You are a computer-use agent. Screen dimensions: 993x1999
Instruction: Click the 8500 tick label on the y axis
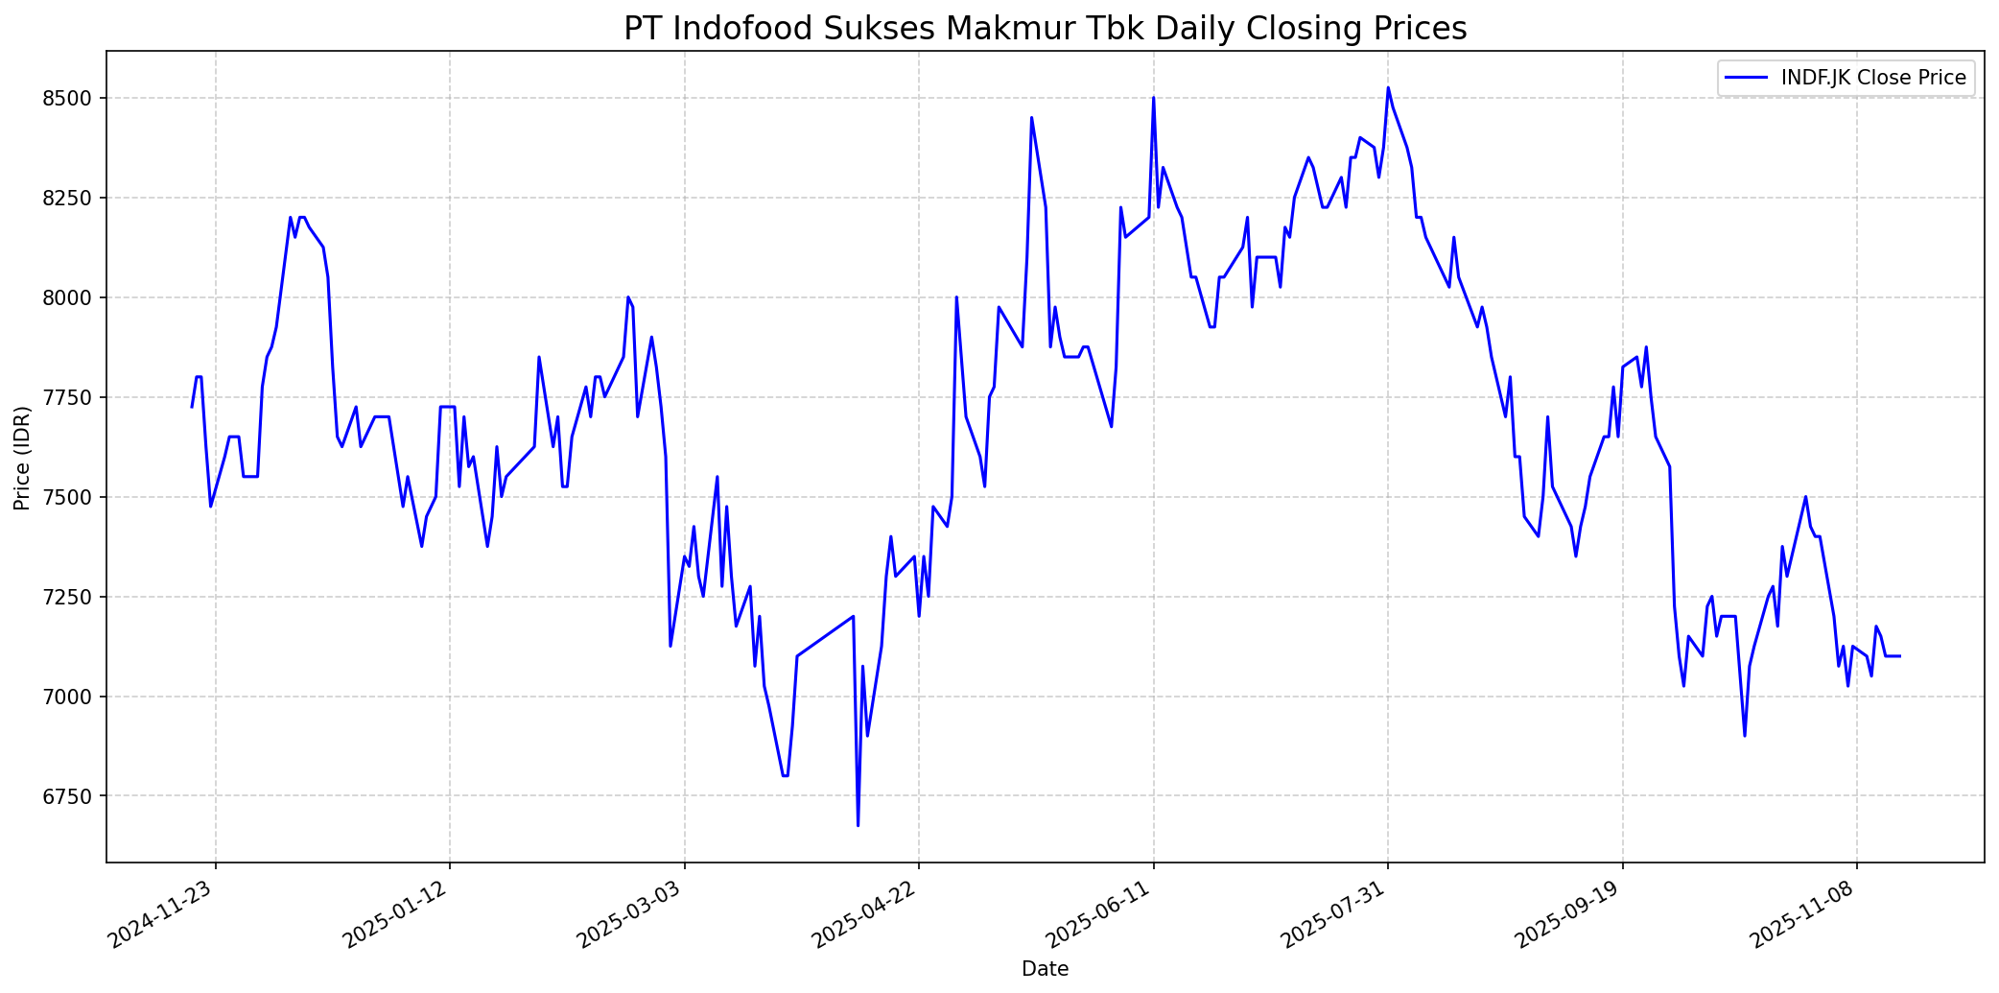click(x=71, y=99)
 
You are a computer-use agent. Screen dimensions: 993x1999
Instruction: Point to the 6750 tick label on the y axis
click(x=71, y=796)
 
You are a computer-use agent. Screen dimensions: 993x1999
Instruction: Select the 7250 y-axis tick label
click(x=71, y=597)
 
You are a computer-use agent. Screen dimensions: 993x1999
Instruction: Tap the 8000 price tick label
click(x=71, y=297)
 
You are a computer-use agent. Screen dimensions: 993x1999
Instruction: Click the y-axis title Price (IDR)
click(x=22, y=458)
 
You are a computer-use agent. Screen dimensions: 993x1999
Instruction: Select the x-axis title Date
click(x=1045, y=969)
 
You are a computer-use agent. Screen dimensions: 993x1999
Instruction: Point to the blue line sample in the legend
click(x=1745, y=78)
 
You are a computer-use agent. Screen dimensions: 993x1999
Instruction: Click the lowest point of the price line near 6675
click(x=858, y=825)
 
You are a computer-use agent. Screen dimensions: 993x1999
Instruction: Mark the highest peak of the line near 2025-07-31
click(x=1388, y=87)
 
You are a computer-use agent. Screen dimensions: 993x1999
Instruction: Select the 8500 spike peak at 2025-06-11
click(x=1153, y=98)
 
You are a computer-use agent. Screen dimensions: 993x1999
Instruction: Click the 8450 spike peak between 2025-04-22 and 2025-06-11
click(x=1031, y=118)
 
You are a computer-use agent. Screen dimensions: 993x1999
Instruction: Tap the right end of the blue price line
click(x=1900, y=656)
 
